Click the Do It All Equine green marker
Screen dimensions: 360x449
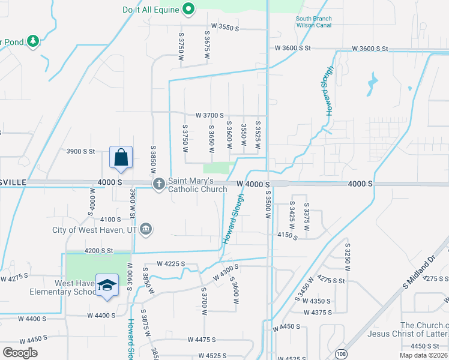pos(188,9)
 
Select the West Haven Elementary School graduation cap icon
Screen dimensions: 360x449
pos(107,286)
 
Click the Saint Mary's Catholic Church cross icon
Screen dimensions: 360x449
pos(159,184)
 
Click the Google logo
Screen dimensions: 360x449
pos(20,352)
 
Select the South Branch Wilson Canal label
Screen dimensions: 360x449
pos(313,22)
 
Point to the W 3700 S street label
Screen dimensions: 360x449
pos(209,115)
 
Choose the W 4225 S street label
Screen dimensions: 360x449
pos(171,263)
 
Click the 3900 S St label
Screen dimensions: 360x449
pos(81,152)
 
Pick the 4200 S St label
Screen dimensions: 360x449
pos(99,250)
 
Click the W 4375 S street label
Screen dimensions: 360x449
pos(319,313)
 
